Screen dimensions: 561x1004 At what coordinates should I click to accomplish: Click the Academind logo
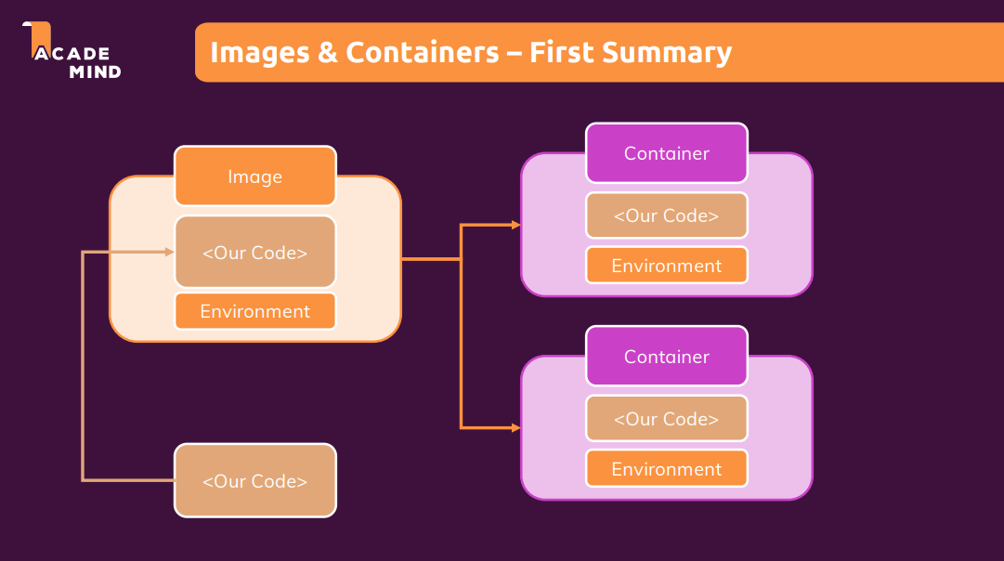pyautogui.click(x=72, y=52)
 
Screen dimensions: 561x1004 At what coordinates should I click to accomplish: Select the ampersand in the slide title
pyautogui.click(x=327, y=52)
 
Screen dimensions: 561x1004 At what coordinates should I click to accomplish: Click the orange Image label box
pyautogui.click(x=254, y=176)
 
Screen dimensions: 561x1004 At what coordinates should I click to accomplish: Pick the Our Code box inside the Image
pyautogui.click(x=254, y=252)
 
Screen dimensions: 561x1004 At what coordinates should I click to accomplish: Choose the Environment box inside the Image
pyautogui.click(x=254, y=311)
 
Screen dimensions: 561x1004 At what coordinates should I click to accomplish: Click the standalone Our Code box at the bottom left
pyautogui.click(x=254, y=481)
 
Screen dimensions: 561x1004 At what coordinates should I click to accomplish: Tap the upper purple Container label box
pyautogui.click(x=666, y=153)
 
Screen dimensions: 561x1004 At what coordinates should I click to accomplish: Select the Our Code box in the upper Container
pyautogui.click(x=666, y=215)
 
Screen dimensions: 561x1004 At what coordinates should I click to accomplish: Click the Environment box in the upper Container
pyautogui.click(x=666, y=266)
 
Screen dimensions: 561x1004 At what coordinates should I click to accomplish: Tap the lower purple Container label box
pyautogui.click(x=666, y=357)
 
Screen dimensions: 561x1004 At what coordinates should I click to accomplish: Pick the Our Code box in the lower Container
pyautogui.click(x=666, y=419)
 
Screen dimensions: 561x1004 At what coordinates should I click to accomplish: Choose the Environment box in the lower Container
pyautogui.click(x=666, y=469)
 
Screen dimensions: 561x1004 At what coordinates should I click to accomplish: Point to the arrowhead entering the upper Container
pyautogui.click(x=515, y=225)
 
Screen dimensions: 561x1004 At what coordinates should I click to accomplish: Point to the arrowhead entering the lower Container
pyautogui.click(x=515, y=427)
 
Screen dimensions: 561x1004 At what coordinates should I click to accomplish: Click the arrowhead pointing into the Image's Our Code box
pyautogui.click(x=169, y=252)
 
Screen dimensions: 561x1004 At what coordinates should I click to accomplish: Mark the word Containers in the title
pyautogui.click(x=423, y=52)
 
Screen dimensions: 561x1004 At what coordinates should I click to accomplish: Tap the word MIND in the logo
pyautogui.click(x=94, y=72)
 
